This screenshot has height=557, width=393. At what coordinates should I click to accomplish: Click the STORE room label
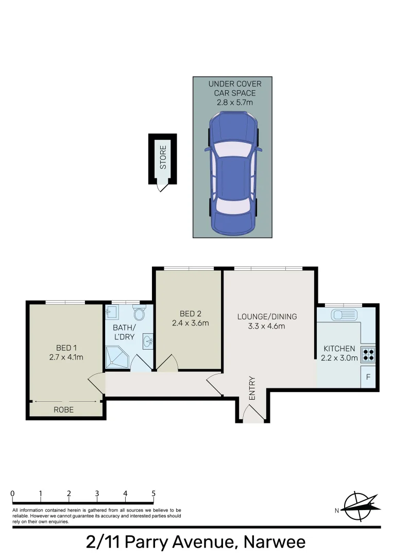click(163, 158)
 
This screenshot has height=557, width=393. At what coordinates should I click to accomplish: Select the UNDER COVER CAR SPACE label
click(234, 88)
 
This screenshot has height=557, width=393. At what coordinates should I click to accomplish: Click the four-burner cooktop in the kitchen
click(369, 354)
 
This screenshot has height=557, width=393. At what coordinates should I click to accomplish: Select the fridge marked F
click(368, 377)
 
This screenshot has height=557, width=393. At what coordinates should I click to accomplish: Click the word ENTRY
click(252, 388)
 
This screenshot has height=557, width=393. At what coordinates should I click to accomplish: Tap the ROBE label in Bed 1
click(64, 410)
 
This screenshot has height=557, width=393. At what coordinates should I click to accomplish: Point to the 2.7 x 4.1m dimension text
click(66, 356)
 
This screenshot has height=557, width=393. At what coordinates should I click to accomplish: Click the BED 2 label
click(188, 314)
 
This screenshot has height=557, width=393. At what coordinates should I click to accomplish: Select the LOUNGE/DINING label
click(267, 317)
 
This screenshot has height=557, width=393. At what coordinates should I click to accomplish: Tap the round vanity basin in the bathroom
click(148, 341)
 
